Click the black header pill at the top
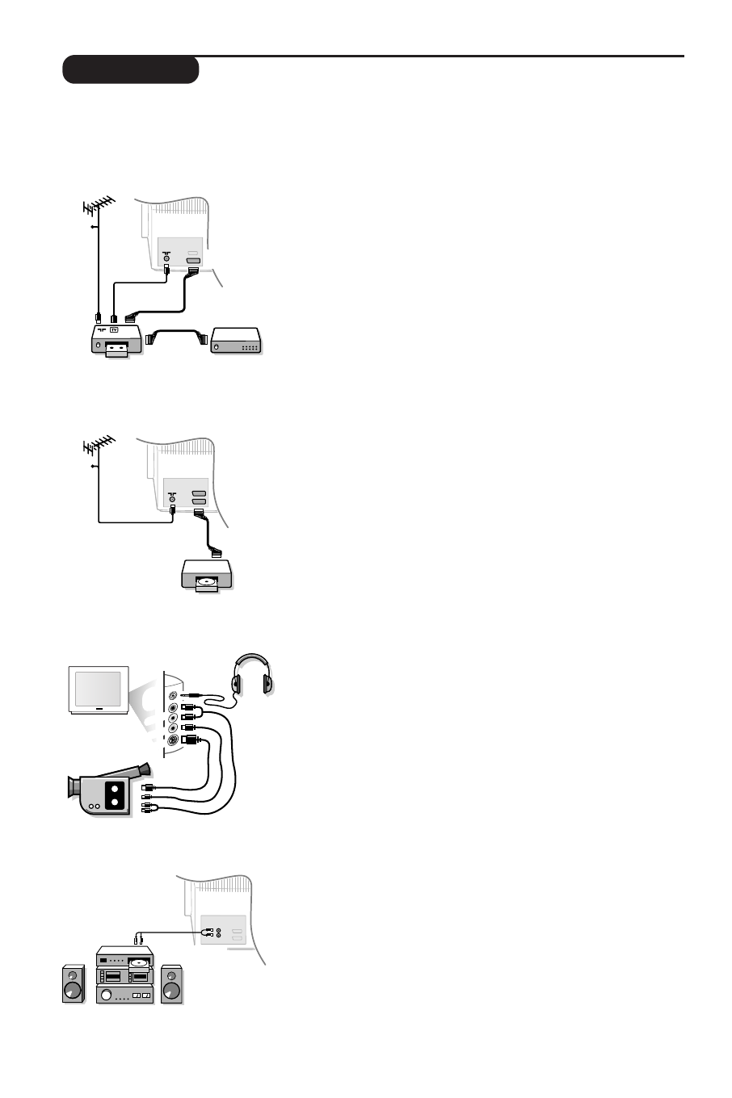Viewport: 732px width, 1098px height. [131, 70]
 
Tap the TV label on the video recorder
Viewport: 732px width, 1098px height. [113, 330]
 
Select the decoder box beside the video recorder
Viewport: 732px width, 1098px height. [236, 342]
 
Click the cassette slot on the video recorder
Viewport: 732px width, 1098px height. [117, 349]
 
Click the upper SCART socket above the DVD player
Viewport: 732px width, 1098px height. [200, 492]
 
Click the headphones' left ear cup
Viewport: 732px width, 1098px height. [238, 684]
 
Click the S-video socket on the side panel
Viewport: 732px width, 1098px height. [172, 741]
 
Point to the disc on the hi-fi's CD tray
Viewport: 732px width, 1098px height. [138, 962]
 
